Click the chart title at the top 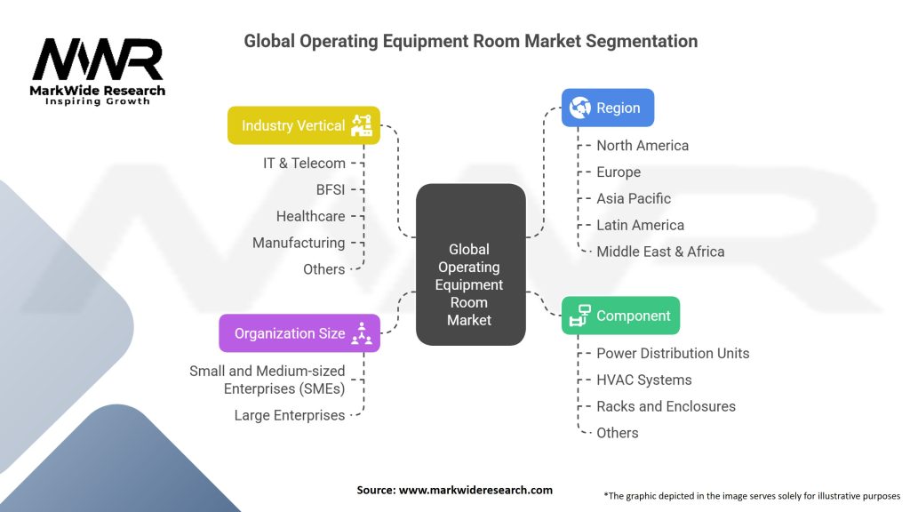tap(470, 41)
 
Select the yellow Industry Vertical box tap(303, 125)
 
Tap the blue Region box tap(608, 108)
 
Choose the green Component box tap(621, 316)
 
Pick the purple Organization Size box tap(299, 333)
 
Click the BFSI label tap(330, 189)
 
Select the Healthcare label tap(310, 216)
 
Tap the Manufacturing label tap(299, 243)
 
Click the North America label tap(643, 145)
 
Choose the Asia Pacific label tap(634, 198)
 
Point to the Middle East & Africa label tap(660, 252)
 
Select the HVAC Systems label tap(643, 380)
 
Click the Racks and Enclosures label tap(666, 406)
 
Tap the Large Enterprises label tap(290, 415)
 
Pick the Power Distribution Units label tap(673, 353)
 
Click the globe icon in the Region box tap(580, 108)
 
